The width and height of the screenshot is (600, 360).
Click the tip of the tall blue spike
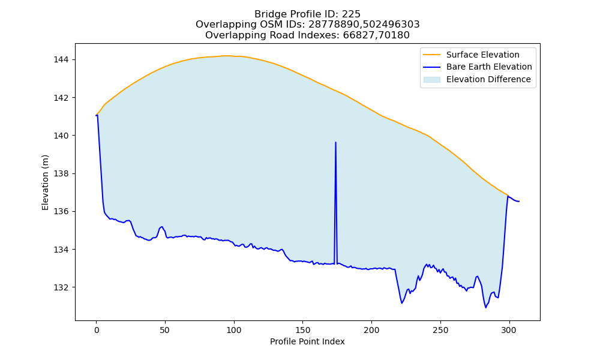click(x=335, y=142)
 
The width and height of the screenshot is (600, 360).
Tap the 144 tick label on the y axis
click(x=61, y=59)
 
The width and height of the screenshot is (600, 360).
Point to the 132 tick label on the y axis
click(x=61, y=287)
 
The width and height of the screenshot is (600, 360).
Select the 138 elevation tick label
click(x=61, y=173)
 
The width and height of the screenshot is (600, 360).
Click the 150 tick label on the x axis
click(x=302, y=330)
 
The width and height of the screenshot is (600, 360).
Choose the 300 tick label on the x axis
click(x=509, y=330)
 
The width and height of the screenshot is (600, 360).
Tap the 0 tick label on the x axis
click(x=97, y=330)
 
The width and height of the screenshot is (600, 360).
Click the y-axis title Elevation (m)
click(x=45, y=182)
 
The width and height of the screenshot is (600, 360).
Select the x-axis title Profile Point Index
click(x=307, y=341)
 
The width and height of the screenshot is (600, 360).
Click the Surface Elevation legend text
click(x=482, y=55)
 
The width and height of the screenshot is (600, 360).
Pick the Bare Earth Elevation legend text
click(x=489, y=67)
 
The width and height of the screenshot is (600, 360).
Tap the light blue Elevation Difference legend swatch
click(x=431, y=80)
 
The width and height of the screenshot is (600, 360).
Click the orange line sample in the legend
click(x=431, y=55)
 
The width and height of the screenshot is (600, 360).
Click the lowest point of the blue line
click(x=485, y=308)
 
